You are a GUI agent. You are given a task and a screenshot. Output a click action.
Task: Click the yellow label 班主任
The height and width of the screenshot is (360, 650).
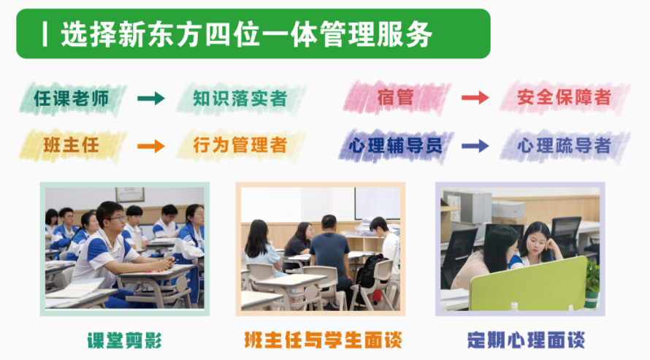[x=71, y=145]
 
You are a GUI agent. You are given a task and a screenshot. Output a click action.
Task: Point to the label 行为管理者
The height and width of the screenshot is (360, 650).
[x=240, y=145]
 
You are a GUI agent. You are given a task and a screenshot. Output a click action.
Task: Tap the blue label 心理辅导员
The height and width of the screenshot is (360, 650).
[x=395, y=145]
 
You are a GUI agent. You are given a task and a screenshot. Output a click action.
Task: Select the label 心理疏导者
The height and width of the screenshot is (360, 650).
[x=563, y=145]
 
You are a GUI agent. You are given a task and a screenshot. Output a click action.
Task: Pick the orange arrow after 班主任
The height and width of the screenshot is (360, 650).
[x=151, y=145]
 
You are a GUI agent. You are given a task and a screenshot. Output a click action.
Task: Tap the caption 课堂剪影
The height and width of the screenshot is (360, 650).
[x=124, y=340]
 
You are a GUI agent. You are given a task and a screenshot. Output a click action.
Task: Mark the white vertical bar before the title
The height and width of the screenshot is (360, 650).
[x=45, y=34]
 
